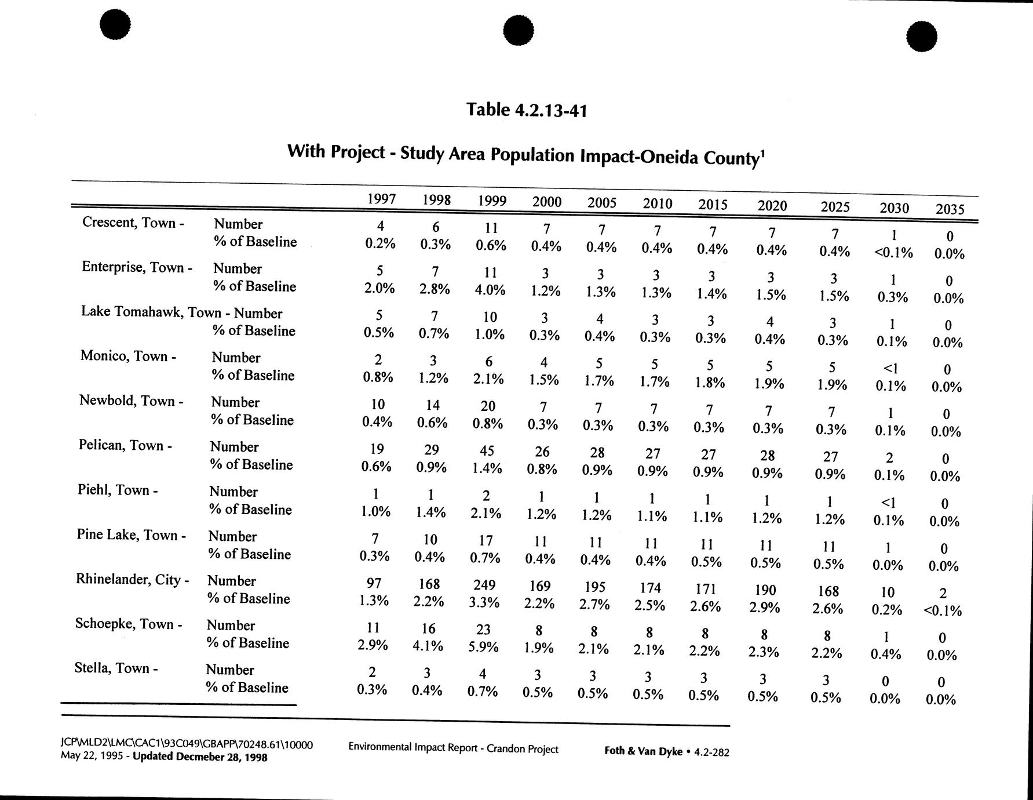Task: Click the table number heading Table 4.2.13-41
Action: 527,110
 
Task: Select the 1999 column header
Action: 492,201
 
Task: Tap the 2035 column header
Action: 950,209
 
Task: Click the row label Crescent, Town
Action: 133,223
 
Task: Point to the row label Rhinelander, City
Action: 132,580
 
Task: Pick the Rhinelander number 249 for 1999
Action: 484,585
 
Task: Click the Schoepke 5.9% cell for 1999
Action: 483,646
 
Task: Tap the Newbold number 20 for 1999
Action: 488,406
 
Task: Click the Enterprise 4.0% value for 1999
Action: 490,289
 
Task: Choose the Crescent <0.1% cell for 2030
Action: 893,253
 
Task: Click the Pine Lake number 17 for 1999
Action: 486,540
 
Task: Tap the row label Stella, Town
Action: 116,668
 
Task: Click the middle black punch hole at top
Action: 518,30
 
